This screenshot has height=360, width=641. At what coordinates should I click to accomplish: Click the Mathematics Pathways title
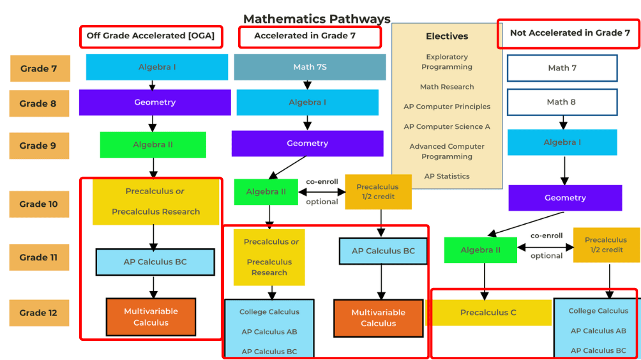tap(317, 19)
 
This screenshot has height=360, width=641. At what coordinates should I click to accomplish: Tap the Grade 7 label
tap(40, 68)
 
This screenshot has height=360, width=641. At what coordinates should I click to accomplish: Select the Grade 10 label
tap(39, 204)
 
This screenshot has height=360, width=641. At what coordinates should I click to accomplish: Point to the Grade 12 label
tap(39, 313)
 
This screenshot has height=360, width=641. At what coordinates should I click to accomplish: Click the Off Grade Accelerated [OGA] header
tap(151, 36)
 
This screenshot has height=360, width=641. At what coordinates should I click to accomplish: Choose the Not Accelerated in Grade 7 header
tap(569, 33)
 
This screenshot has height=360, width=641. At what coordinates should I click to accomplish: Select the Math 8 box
tap(562, 102)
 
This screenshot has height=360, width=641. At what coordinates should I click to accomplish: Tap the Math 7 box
tap(562, 68)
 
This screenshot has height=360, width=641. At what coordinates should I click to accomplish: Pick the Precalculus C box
tap(488, 313)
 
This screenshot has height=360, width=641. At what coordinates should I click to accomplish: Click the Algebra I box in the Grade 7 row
tap(157, 67)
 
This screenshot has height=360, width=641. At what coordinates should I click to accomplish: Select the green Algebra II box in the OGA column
tap(153, 145)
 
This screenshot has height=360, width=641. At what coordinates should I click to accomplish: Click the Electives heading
tap(447, 36)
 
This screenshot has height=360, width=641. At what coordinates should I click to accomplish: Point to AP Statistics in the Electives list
tap(447, 176)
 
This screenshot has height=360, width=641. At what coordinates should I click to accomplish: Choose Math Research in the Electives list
tap(447, 87)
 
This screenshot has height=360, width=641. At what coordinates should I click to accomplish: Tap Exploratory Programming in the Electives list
tap(447, 62)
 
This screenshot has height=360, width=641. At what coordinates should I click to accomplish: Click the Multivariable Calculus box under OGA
tap(151, 317)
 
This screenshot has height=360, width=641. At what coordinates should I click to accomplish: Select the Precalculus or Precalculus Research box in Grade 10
tap(156, 202)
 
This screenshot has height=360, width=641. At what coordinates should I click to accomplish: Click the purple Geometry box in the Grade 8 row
tap(155, 102)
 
